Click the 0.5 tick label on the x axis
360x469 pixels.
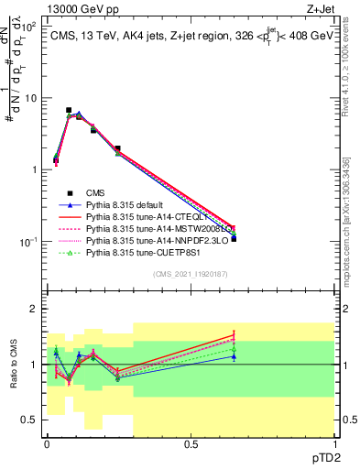coord(191,445)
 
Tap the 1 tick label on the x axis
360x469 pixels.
coord(334,445)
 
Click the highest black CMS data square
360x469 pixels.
coord(69,110)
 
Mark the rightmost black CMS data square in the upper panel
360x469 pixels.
coord(234,238)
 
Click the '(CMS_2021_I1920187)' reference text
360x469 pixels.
coord(190,275)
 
